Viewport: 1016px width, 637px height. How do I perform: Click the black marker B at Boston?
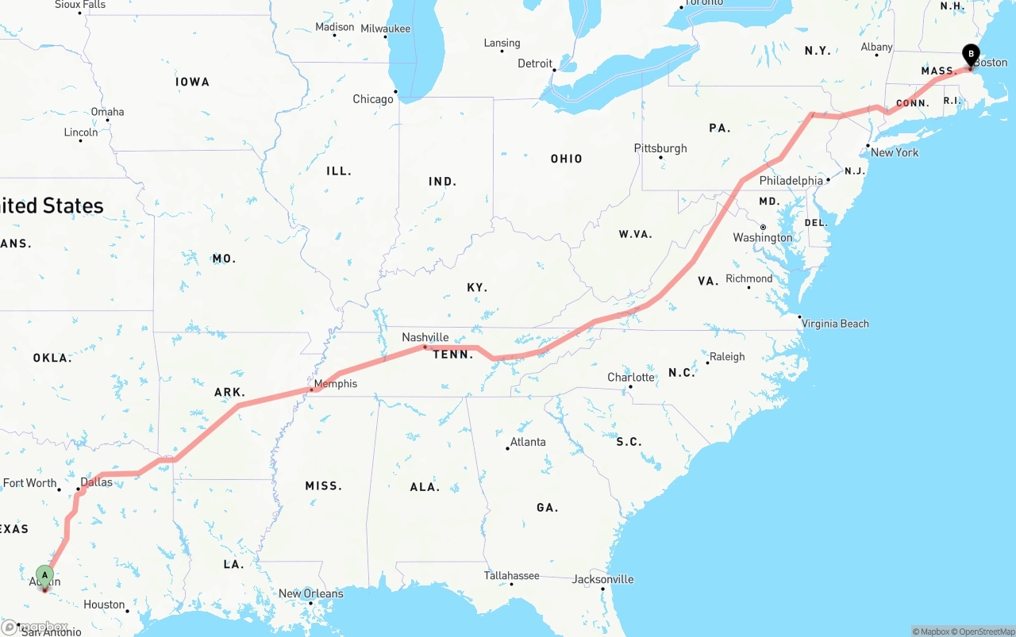coord(970,55)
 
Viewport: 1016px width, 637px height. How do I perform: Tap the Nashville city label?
coord(425,337)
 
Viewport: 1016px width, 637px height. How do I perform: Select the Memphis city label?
coord(336,384)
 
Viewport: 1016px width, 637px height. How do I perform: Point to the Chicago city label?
coord(373,99)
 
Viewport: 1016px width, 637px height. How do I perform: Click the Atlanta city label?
coord(528,442)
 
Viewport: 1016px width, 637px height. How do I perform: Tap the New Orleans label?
coord(310,593)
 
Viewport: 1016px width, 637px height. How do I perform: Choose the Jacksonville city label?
coord(603,579)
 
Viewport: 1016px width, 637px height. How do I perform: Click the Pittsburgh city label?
coord(660,148)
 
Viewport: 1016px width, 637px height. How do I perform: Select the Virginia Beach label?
coord(835,324)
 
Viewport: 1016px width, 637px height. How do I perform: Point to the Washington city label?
coord(763,238)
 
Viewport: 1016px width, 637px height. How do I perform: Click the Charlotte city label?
coord(631,377)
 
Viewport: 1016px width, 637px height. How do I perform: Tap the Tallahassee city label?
coord(512,576)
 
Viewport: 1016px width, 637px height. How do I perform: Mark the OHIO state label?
coord(567,159)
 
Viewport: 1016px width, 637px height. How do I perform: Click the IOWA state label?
coord(193,82)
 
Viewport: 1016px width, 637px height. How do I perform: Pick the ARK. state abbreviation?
coord(230,392)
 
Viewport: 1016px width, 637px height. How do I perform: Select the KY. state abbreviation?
coord(477,287)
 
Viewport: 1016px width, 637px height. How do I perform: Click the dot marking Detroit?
coord(555,70)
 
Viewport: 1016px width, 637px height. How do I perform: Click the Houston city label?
coord(104,604)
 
